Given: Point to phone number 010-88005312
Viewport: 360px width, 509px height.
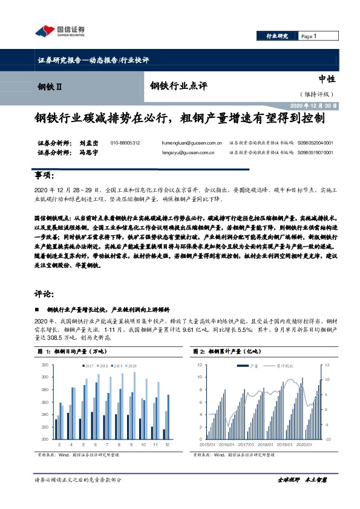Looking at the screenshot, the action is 125,143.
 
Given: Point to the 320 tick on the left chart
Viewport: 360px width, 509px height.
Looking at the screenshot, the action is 45,366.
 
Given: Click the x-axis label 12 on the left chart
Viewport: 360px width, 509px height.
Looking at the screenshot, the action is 165,445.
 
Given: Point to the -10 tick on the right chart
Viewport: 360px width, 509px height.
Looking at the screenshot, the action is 326,438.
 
